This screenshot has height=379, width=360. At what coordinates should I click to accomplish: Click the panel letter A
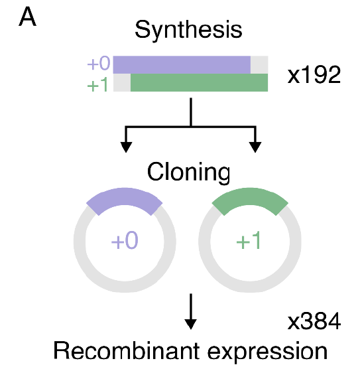click(28, 17)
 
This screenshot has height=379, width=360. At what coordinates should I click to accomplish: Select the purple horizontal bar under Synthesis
click(182, 64)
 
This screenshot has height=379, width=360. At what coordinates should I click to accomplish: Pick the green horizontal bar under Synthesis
click(199, 82)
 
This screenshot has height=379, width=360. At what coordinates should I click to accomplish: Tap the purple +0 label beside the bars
click(99, 63)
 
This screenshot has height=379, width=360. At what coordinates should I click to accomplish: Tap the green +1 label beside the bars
click(97, 85)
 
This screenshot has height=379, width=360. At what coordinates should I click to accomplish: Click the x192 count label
click(314, 75)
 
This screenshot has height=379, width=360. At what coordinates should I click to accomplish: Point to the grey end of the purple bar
click(259, 64)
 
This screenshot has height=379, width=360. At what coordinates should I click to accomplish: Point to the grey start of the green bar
click(122, 82)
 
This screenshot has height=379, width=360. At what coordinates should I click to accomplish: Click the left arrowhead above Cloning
click(126, 147)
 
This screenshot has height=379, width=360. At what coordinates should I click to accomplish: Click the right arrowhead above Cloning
click(255, 147)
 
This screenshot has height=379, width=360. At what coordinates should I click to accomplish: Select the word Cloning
click(188, 173)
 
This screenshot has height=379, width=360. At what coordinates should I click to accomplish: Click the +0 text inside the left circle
click(125, 240)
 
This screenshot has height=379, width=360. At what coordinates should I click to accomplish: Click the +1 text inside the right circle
click(249, 240)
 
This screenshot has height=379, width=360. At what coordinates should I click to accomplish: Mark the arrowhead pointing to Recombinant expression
click(191, 324)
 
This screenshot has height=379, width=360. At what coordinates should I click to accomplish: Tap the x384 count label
click(314, 321)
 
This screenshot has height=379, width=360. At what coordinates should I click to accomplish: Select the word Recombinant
click(126, 350)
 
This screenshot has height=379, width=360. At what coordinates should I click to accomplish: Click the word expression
click(267, 353)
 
